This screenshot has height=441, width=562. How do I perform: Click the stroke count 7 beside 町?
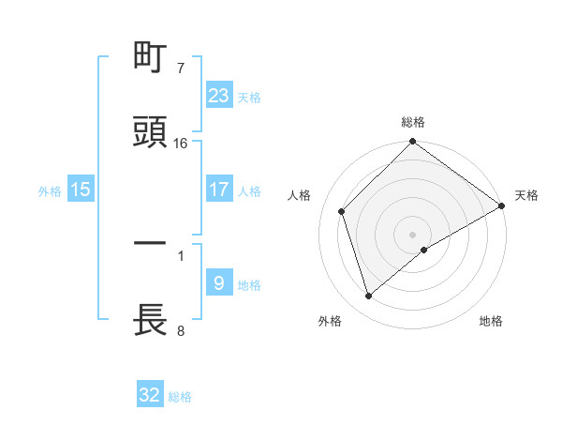pos(181,69)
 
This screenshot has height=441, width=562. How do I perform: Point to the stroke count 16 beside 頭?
pos(181,144)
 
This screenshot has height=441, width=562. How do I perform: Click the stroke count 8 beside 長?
pos(181,330)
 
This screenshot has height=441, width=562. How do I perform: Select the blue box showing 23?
pos(219,96)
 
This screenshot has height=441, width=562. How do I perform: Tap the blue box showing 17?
pos(219,190)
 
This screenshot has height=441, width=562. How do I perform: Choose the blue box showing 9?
pos(219,283)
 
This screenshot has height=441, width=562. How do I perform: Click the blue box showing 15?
pos(81,190)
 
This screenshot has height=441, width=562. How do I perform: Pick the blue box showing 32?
pos(150,395)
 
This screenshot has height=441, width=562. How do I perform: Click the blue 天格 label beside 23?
pos(249,97)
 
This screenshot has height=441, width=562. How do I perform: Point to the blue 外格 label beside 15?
pos(50,190)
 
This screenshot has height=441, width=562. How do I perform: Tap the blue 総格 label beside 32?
pos(180,396)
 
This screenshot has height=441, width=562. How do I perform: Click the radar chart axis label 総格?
pos(413,122)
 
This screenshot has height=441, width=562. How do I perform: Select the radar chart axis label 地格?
pos(491,321)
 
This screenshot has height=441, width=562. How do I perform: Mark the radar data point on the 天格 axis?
pos(502,205)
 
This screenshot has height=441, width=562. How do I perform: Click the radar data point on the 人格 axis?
pos(342,211)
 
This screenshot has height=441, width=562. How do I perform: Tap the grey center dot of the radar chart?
pos(413,234)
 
